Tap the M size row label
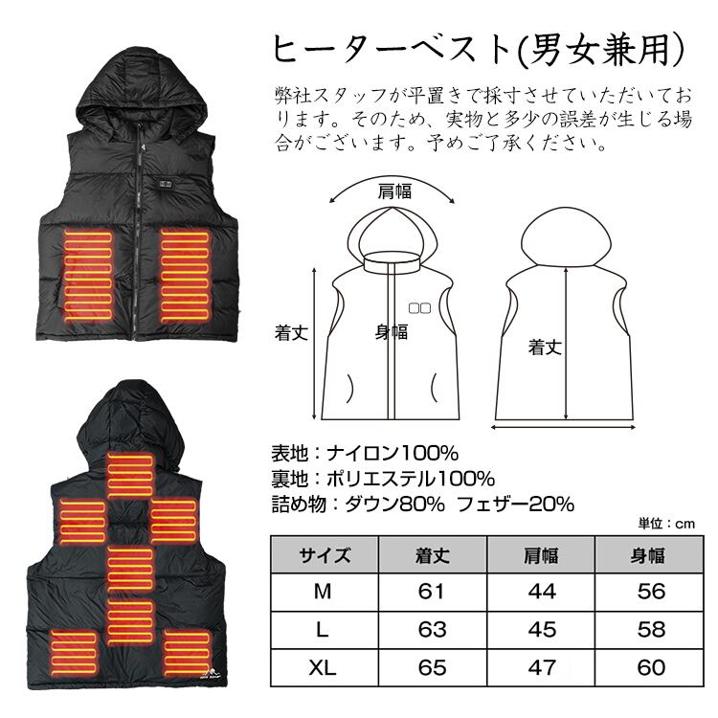pos(325,592)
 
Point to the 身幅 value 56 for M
pos(650,592)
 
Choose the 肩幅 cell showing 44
pos(541,592)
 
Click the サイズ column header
pos(325,555)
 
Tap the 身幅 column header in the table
pos(650,555)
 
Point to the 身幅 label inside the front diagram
pos(391,332)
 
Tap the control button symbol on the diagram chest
pos(418,308)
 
